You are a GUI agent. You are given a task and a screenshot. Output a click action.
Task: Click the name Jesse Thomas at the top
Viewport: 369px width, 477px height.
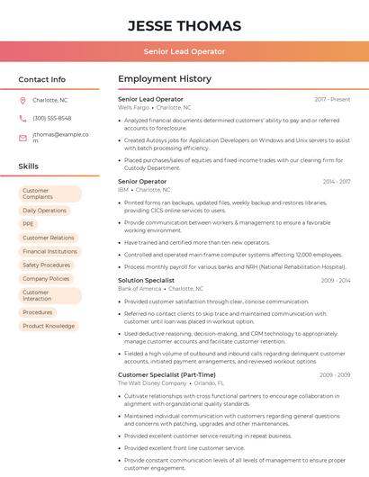[184, 25]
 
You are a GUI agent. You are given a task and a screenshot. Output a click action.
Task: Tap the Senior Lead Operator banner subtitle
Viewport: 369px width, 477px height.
[184, 51]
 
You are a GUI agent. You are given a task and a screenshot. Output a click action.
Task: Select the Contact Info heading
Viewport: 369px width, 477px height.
[41, 79]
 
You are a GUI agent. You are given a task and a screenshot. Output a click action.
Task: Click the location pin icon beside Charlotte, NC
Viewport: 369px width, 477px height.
[22, 101]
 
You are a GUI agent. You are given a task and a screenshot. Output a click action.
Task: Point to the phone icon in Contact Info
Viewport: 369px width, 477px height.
[22, 118]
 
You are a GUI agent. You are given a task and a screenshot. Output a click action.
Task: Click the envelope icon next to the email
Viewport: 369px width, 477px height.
[22, 137]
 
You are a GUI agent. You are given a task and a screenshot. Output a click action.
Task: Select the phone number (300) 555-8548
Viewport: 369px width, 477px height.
[51, 118]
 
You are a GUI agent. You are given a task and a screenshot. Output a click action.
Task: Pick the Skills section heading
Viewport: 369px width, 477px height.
[29, 166]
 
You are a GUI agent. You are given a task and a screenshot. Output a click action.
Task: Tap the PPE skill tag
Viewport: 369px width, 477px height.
[29, 224]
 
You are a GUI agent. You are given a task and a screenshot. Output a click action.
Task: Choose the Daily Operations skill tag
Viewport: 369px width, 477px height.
[45, 211]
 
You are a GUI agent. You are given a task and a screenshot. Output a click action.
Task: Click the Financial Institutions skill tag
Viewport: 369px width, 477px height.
[49, 252]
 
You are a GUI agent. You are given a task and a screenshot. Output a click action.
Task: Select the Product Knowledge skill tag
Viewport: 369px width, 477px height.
[49, 326]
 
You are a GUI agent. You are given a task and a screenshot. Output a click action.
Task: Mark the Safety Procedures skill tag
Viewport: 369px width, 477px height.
[46, 265]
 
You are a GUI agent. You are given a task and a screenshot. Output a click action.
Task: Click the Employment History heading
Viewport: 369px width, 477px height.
[165, 79]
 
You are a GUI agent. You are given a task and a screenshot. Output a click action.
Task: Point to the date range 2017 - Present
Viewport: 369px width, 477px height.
[332, 99]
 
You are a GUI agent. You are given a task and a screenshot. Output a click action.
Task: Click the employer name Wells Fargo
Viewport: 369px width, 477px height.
[133, 107]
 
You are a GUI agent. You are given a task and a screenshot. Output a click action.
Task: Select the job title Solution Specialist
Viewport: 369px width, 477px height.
[146, 280]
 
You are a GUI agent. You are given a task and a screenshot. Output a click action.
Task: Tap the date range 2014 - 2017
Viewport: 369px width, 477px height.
[336, 182]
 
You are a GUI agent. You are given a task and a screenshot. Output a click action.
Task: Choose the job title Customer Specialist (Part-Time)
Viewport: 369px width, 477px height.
[166, 374]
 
